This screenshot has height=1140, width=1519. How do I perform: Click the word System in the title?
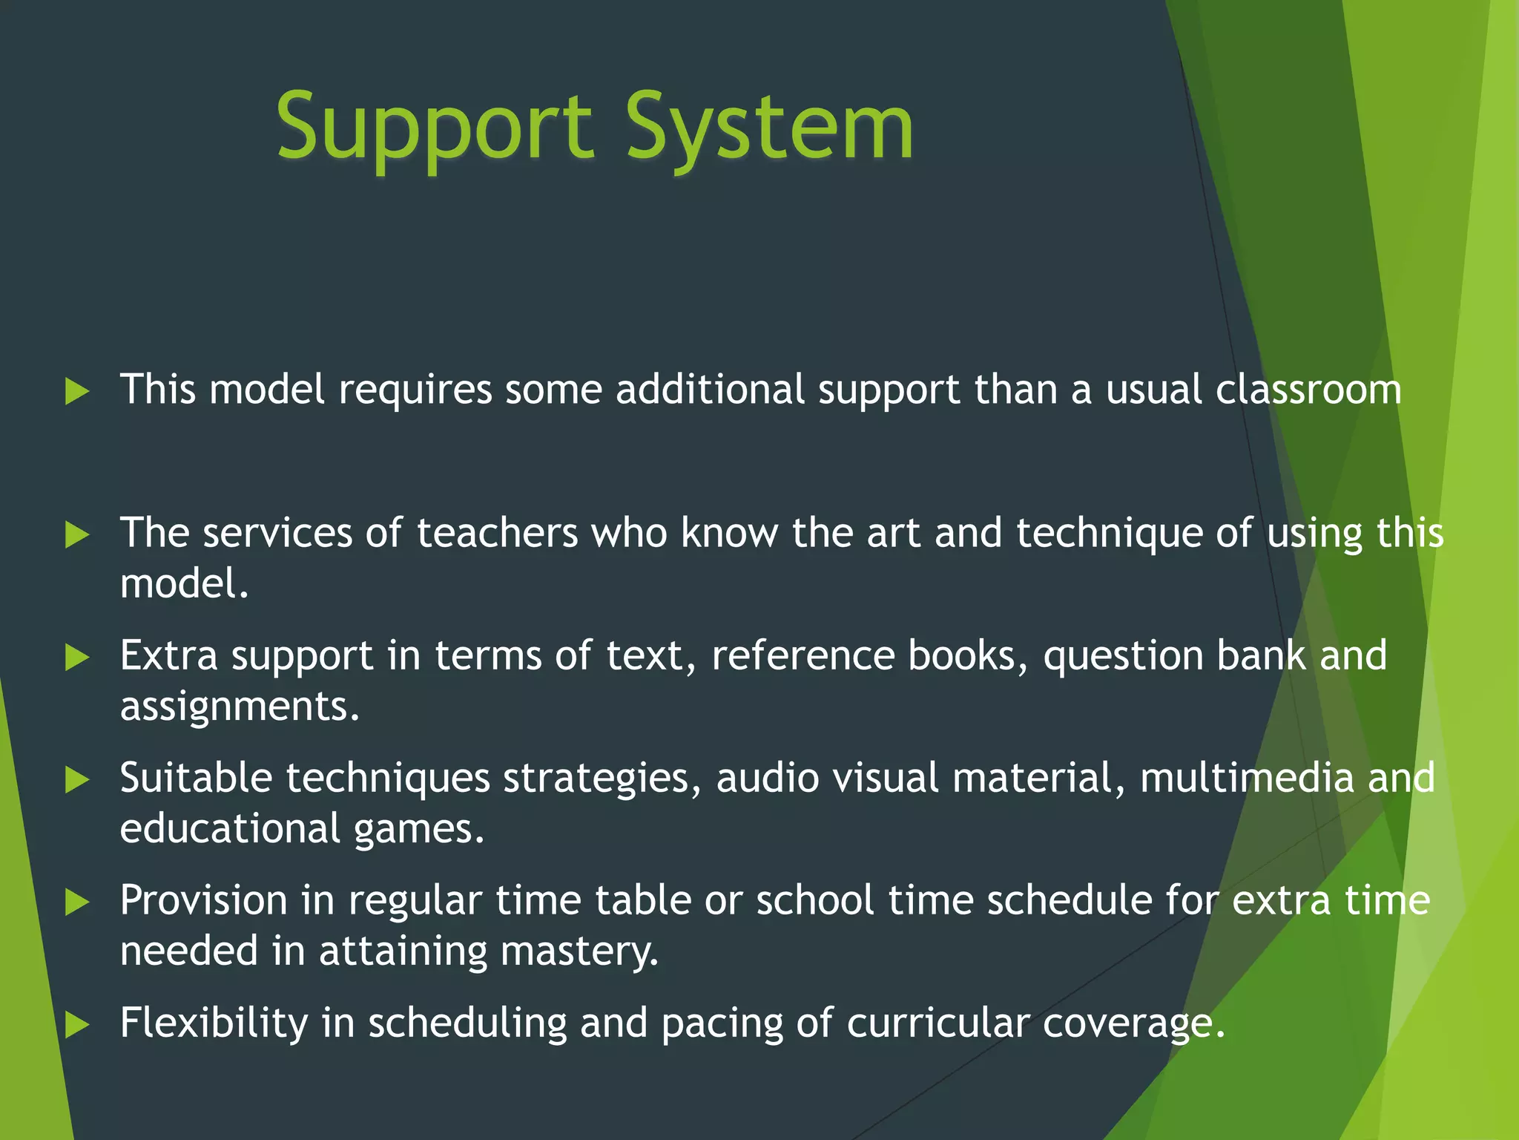point(769,128)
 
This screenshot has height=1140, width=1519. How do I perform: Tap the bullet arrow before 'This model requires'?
point(77,391)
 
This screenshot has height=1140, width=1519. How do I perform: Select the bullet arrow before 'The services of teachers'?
point(77,534)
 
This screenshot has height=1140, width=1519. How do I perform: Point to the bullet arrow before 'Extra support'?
point(77,657)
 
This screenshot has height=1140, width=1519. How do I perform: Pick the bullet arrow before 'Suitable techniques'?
point(77,779)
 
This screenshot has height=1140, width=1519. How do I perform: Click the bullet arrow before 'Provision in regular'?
point(77,902)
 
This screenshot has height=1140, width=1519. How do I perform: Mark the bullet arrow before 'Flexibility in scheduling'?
point(77,1025)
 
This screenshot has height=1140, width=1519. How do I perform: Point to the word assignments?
point(239,707)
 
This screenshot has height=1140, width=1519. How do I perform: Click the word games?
point(418,830)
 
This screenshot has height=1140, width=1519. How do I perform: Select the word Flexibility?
point(214,1023)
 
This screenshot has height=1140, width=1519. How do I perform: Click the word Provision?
point(204,901)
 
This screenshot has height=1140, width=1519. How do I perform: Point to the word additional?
point(710,390)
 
